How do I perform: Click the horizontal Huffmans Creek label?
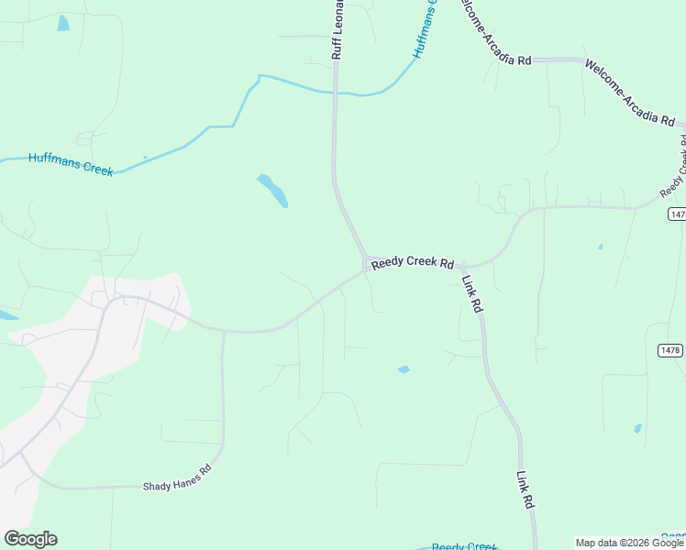click(x=71, y=163)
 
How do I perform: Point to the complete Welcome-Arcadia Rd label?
click(x=629, y=93)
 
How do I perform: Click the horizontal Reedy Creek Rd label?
click(x=413, y=264)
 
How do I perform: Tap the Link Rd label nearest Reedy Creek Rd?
click(x=472, y=295)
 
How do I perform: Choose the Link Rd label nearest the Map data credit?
click(x=525, y=490)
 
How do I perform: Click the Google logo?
click(x=30, y=539)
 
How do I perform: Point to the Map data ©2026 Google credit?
click(x=629, y=543)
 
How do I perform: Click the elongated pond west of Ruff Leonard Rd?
click(x=272, y=190)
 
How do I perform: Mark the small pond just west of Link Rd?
click(x=404, y=369)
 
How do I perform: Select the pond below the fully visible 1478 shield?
click(x=637, y=428)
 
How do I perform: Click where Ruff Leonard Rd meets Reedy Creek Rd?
click(x=366, y=263)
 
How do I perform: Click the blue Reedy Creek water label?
click(x=465, y=546)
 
